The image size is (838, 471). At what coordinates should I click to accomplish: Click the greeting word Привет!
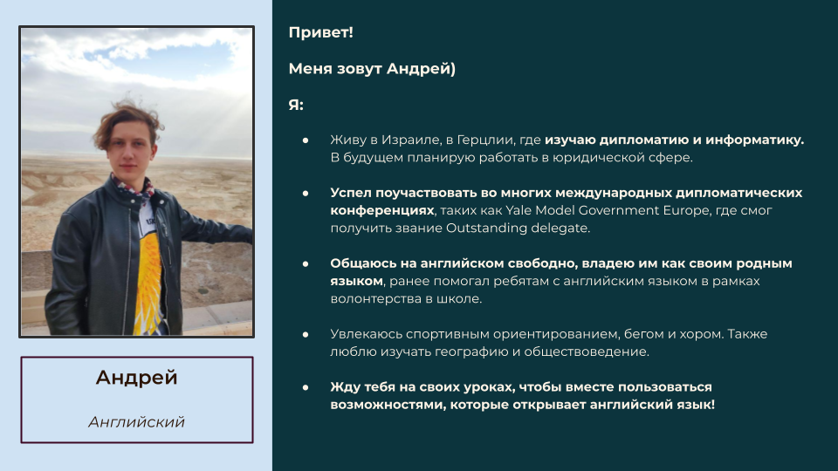coord(320,32)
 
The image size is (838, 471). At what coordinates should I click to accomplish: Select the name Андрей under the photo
coord(136,378)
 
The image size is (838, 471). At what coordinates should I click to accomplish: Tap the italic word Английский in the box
coord(136,422)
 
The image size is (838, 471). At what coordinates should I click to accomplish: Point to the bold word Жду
coord(342,387)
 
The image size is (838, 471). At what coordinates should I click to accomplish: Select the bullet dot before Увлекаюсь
coord(306,335)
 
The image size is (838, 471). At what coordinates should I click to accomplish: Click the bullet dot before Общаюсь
coord(306,263)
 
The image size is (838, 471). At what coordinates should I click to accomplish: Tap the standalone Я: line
coord(296,105)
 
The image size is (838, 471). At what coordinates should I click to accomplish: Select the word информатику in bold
coord(754,140)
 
